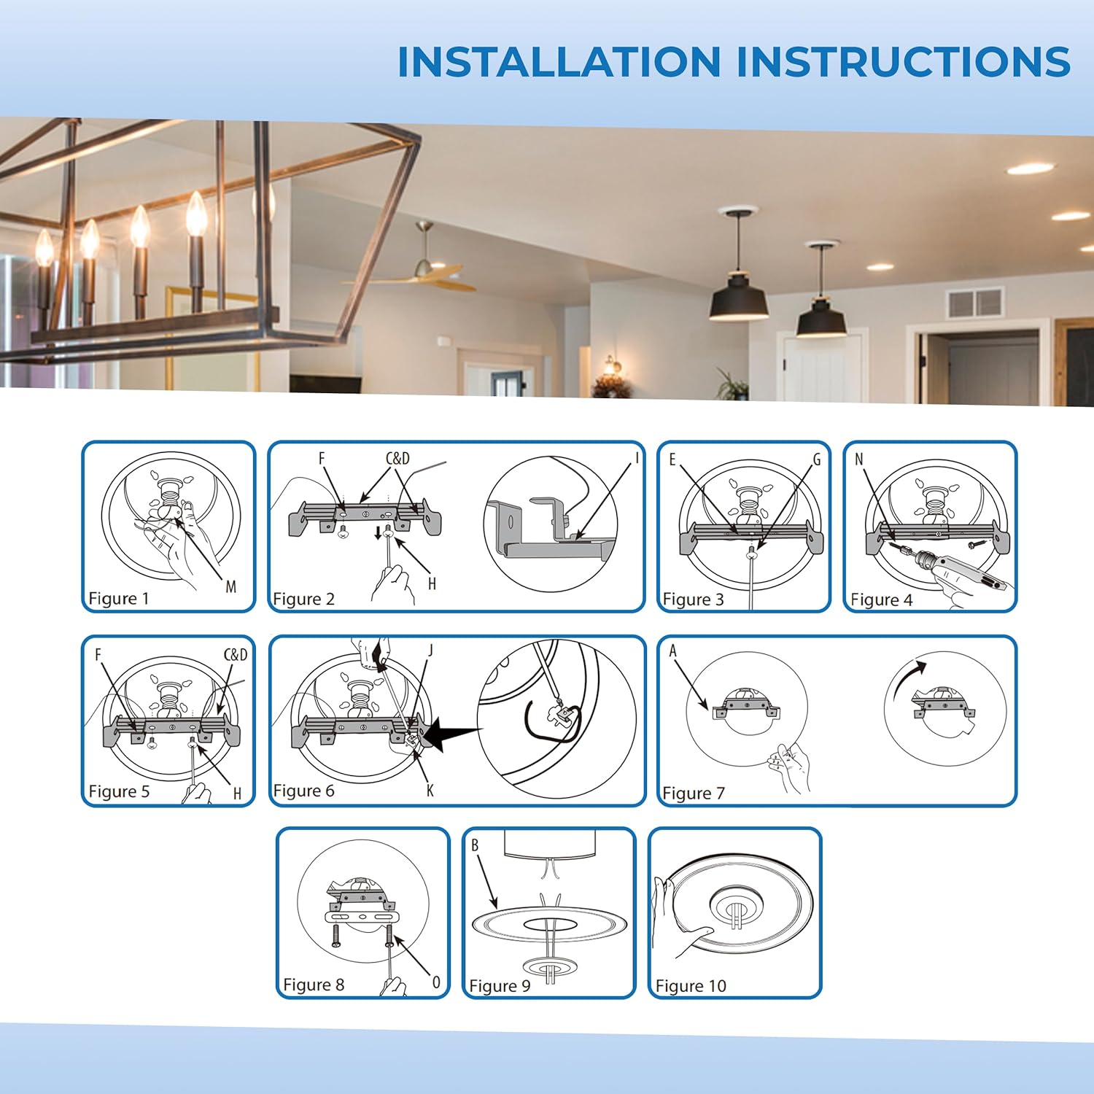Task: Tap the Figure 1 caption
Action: point(119,599)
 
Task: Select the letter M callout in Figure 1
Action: point(231,586)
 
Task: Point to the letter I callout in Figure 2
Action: point(637,458)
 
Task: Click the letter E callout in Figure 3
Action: point(672,459)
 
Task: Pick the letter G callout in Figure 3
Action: point(817,459)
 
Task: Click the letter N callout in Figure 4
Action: point(859,459)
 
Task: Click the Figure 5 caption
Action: point(119,791)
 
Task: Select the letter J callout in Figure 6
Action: point(431,651)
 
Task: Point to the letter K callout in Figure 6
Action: point(430,790)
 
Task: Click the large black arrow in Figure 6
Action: point(451,733)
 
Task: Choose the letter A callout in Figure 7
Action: point(672,651)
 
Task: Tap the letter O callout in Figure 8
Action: point(436,982)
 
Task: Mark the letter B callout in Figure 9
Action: point(475,845)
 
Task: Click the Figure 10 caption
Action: point(691,986)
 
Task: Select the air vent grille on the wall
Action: point(975,303)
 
